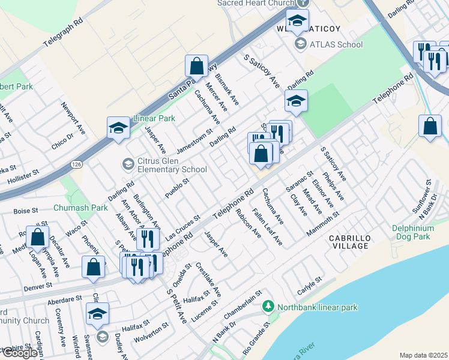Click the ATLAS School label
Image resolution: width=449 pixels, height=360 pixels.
click(x=336, y=44)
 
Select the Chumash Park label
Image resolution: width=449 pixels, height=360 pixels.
click(x=80, y=208)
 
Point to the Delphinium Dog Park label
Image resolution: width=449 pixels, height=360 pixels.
click(x=420, y=232)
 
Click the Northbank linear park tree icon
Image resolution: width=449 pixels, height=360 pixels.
click(x=270, y=307)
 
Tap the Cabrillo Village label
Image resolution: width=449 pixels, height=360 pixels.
click(x=349, y=242)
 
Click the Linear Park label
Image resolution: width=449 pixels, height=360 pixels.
click(x=154, y=118)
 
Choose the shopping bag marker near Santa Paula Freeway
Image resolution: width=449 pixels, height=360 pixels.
click(x=196, y=67)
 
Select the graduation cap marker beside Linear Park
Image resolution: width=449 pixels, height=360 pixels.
click(x=119, y=128)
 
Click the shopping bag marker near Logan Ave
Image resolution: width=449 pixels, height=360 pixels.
click(x=38, y=238)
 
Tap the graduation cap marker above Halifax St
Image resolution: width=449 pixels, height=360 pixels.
click(x=98, y=314)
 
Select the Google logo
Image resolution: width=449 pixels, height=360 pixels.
click(x=20, y=353)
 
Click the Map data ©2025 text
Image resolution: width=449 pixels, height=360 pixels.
click(x=423, y=355)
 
